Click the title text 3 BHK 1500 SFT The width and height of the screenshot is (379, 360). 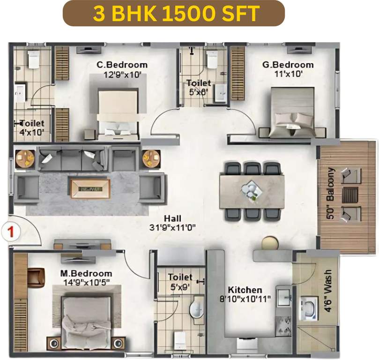[x=174, y=13]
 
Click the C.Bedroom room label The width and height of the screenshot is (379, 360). [x=122, y=65]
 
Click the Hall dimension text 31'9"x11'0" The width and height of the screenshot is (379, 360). [x=173, y=227]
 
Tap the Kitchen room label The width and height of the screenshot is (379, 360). [x=245, y=290]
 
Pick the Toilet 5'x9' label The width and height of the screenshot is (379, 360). [x=180, y=281]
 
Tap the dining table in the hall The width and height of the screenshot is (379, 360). [x=252, y=191]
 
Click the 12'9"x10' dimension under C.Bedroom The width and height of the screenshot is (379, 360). [x=122, y=74]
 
